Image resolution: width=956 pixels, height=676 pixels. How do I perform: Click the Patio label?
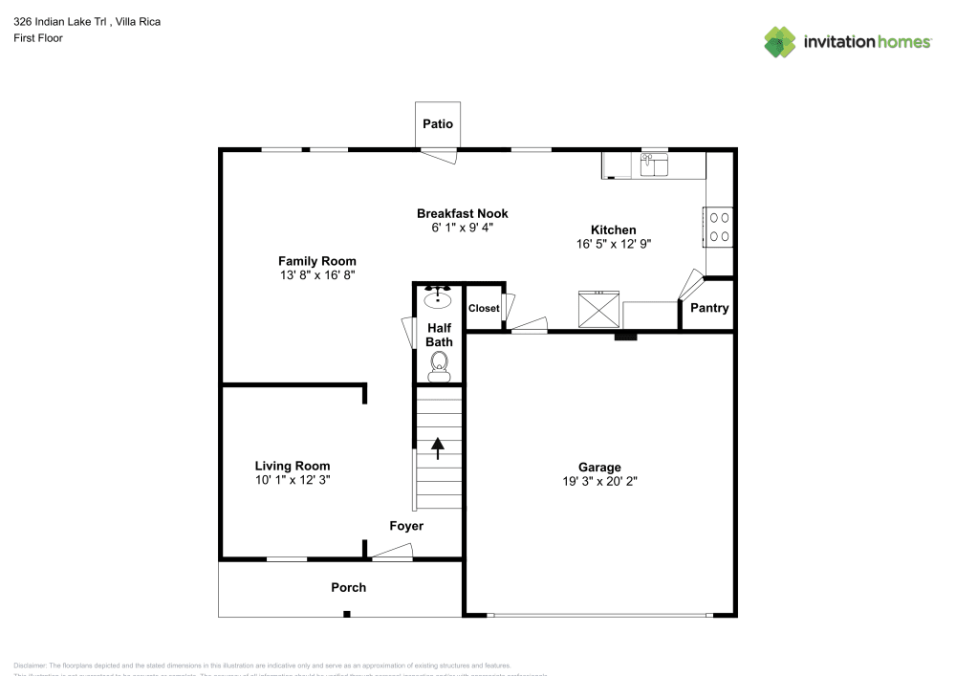click(438, 124)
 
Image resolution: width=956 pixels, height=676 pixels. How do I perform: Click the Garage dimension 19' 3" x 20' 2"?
click(599, 482)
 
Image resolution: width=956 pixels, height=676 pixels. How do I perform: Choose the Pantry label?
click(708, 308)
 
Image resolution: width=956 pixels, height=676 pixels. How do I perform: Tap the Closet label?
click(484, 309)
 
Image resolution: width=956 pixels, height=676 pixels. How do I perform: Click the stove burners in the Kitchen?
click(719, 227)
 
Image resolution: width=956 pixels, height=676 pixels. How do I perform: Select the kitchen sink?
click(655, 164)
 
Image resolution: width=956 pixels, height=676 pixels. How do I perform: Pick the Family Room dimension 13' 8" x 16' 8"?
click(316, 275)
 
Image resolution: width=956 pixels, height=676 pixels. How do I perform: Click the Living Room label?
click(292, 467)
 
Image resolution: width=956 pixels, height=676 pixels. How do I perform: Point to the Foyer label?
click(405, 526)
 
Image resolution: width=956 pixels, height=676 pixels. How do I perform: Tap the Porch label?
click(348, 587)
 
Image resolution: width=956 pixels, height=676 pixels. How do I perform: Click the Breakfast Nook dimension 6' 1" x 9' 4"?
click(462, 228)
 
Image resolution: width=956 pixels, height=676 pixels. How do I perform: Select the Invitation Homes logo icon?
click(780, 42)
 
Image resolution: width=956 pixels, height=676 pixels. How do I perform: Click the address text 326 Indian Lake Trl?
click(59, 20)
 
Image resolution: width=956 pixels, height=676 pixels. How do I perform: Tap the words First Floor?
click(38, 38)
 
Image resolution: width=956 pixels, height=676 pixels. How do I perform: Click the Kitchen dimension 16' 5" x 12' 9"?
click(613, 244)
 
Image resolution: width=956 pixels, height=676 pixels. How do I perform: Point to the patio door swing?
click(439, 156)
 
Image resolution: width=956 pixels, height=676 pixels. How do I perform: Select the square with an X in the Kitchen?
click(597, 310)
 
